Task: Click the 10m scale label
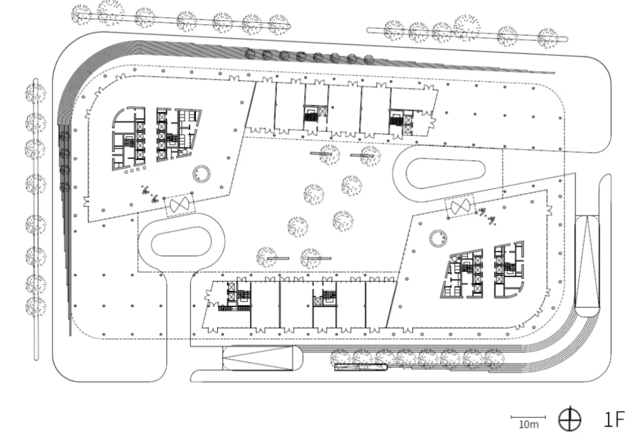point(529,425)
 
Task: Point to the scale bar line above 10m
point(528,417)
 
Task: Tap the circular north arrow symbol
point(570,419)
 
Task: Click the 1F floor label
point(614,419)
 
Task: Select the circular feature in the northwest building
point(201,174)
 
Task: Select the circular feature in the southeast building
point(438,239)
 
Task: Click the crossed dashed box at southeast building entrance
point(460,207)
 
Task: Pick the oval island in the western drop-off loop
point(181,241)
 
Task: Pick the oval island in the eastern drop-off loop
point(445,173)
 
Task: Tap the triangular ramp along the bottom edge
point(257,358)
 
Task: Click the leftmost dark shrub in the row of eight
point(250,54)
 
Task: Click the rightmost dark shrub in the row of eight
point(369,60)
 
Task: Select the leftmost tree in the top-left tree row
point(82,15)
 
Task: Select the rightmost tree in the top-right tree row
point(548,38)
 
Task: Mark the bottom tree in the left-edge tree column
point(36,306)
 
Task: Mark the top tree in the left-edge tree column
point(36,93)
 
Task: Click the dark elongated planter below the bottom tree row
point(361,368)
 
